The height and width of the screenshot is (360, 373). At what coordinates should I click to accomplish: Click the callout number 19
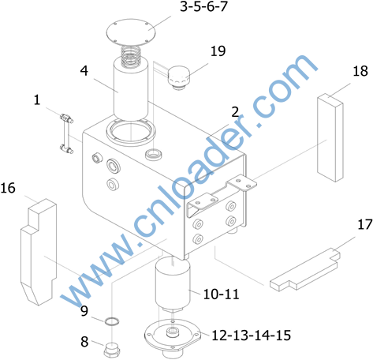coord(218,51)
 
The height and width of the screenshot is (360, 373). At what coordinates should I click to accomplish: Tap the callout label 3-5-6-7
coord(203,6)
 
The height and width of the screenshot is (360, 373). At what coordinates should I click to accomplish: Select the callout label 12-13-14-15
coord(251,336)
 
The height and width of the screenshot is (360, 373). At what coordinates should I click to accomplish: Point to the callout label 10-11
coord(221,294)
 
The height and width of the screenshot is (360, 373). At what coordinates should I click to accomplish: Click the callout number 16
coord(8,189)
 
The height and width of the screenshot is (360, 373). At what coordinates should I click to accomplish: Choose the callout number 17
coord(365,224)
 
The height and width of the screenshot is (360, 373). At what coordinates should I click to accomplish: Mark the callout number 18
coord(360,71)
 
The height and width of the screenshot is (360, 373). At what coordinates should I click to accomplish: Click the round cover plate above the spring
coord(131,32)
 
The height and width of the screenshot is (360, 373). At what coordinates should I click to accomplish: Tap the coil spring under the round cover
coord(130,56)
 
